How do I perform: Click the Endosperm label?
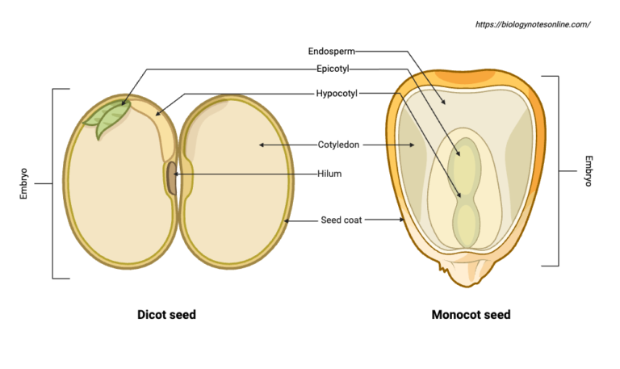[333, 51]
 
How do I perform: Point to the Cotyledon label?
[338, 145]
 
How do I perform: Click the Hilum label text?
[329, 173]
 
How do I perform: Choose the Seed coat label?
[341, 220]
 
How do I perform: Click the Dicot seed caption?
[166, 315]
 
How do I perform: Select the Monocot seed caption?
[471, 315]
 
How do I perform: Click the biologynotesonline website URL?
[533, 24]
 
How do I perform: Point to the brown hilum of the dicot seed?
[171, 178]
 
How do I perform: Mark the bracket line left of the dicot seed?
[53, 184]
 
